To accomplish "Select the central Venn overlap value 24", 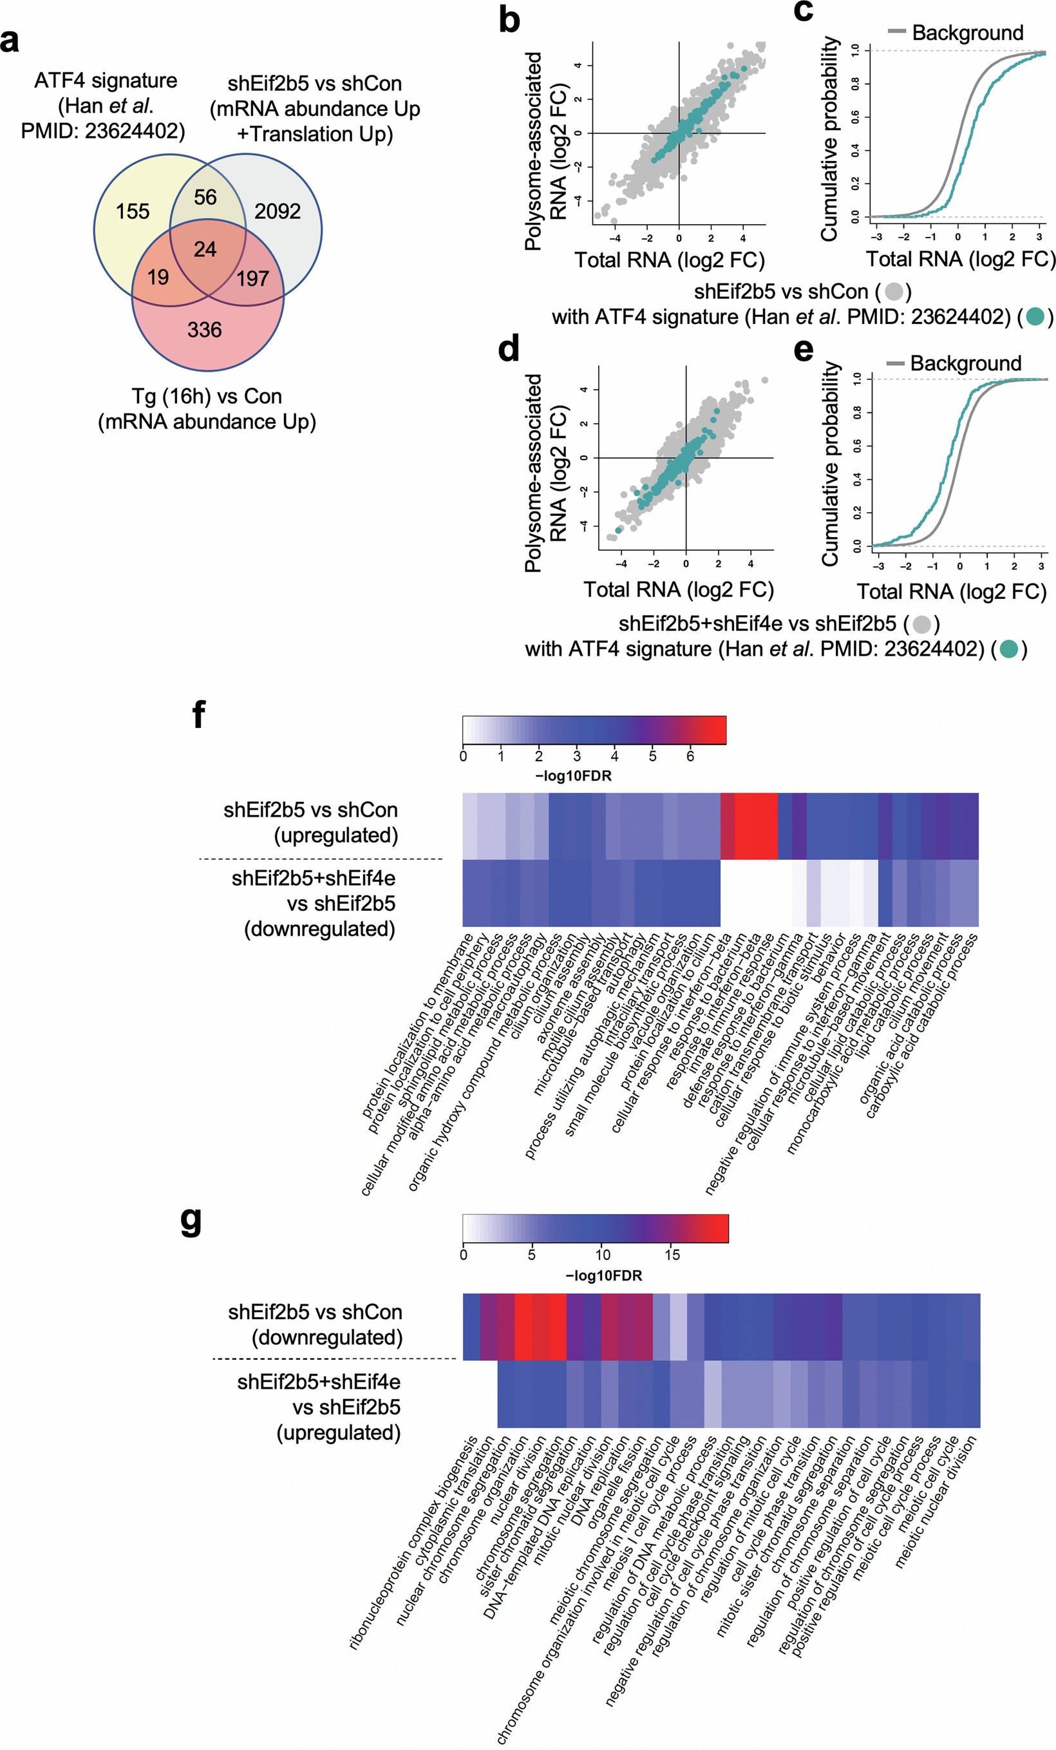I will tap(205, 249).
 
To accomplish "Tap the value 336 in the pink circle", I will tap(205, 330).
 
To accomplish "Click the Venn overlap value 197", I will tap(253, 278).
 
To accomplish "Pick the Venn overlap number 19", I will tap(158, 277).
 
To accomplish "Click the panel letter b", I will tap(509, 20).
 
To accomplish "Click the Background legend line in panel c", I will tap(897, 32).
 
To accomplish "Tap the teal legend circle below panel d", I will tap(1009, 649).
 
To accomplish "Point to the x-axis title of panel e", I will tap(952, 592).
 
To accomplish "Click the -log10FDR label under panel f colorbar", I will tap(573, 775).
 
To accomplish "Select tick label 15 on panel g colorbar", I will tap(672, 1255).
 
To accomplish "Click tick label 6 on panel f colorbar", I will tap(690, 756).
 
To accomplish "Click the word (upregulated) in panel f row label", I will tap(335, 835).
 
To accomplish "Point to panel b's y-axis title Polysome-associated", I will tap(534, 151).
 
